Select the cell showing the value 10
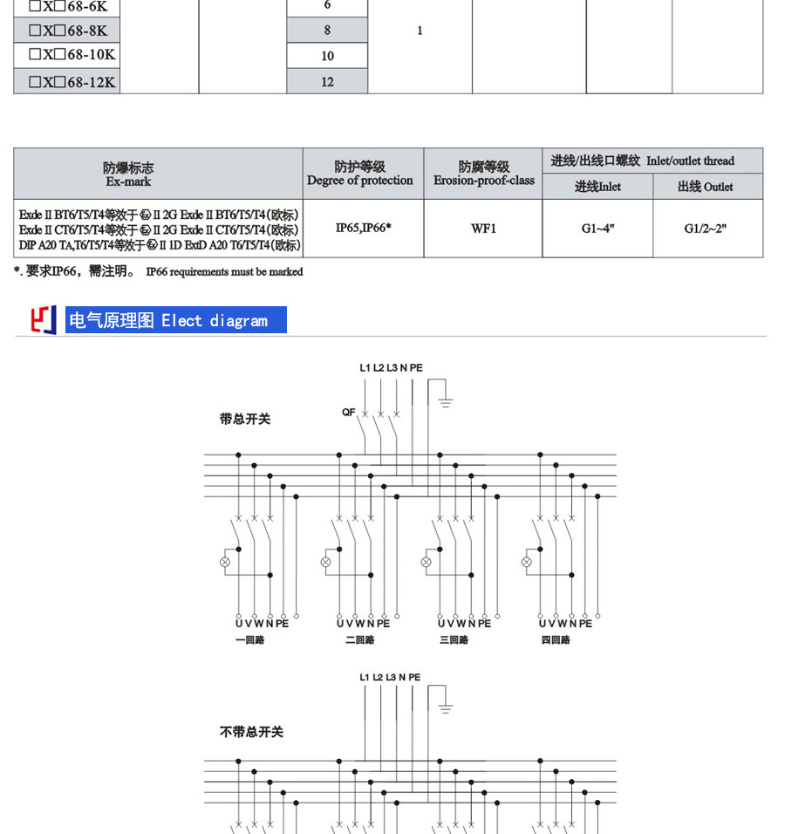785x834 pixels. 327,56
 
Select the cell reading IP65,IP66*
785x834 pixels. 363,228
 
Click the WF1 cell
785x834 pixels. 483,229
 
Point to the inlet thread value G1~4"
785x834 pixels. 597,229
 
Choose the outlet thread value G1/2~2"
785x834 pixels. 706,229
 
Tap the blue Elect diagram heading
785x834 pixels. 176,320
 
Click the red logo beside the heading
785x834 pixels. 44,320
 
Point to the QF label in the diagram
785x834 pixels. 348,413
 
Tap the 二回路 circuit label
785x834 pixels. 359,640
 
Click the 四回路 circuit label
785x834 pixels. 556,640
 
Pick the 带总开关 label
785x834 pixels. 245,420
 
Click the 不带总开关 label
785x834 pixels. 252,733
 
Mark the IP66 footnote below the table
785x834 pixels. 159,272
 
